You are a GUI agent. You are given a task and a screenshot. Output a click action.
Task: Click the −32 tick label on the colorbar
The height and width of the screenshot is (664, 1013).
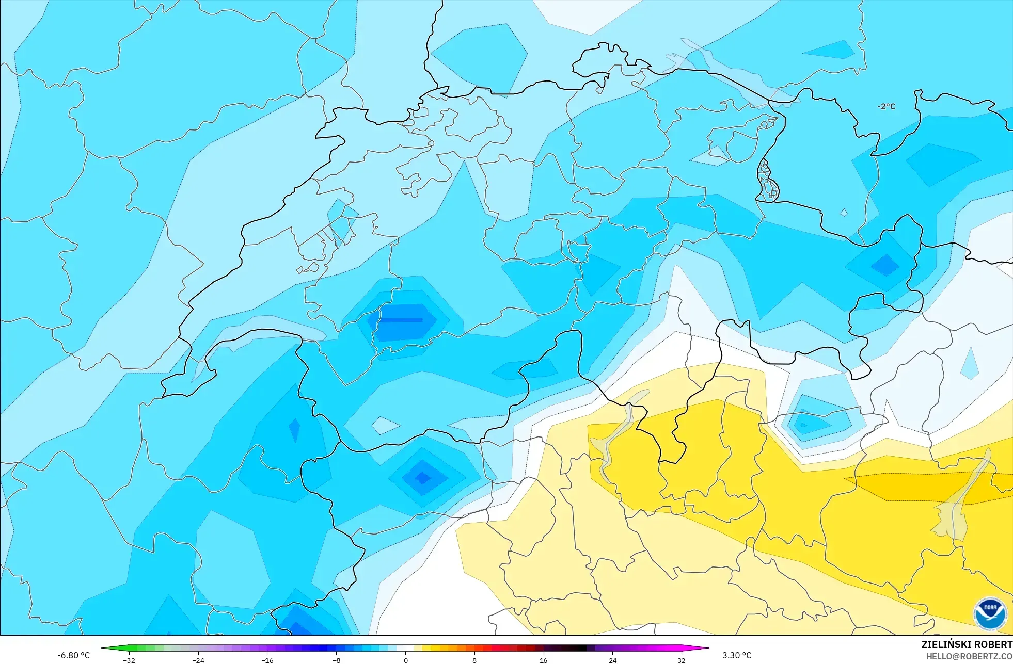tap(129, 660)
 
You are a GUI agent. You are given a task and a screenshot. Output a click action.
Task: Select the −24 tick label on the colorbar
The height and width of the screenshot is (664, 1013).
tap(198, 660)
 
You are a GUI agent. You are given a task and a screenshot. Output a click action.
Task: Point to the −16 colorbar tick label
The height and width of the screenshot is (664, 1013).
tap(267, 660)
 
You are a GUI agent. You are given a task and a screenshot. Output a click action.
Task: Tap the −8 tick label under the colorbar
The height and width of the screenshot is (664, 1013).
tap(336, 660)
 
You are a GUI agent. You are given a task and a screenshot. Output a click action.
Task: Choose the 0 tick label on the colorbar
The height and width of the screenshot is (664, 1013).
tap(406, 660)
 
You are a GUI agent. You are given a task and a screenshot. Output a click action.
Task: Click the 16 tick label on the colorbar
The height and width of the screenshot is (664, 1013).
tap(543, 660)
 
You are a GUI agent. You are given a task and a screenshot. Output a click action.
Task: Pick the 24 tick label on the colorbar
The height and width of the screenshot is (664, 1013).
tap(612, 660)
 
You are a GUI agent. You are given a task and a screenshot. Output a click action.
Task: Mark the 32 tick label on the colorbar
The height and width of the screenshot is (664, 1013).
tap(681, 660)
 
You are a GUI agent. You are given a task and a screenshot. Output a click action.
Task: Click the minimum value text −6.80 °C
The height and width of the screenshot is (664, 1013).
tap(73, 655)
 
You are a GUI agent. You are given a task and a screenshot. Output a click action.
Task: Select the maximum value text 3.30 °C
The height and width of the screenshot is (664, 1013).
tap(737, 655)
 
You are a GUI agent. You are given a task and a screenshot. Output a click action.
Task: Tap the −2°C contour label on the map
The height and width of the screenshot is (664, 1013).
tap(887, 106)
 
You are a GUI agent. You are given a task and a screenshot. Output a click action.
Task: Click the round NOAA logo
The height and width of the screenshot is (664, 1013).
tap(990, 613)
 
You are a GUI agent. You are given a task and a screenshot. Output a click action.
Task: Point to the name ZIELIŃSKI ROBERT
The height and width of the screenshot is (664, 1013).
tap(967, 644)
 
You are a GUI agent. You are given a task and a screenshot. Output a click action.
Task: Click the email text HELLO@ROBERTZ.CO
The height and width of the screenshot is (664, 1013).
tap(969, 656)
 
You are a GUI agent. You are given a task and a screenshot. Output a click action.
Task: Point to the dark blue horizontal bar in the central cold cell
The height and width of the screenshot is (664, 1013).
tap(402, 320)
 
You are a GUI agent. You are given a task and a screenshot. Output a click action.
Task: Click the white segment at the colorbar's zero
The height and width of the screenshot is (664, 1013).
tap(406, 648)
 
